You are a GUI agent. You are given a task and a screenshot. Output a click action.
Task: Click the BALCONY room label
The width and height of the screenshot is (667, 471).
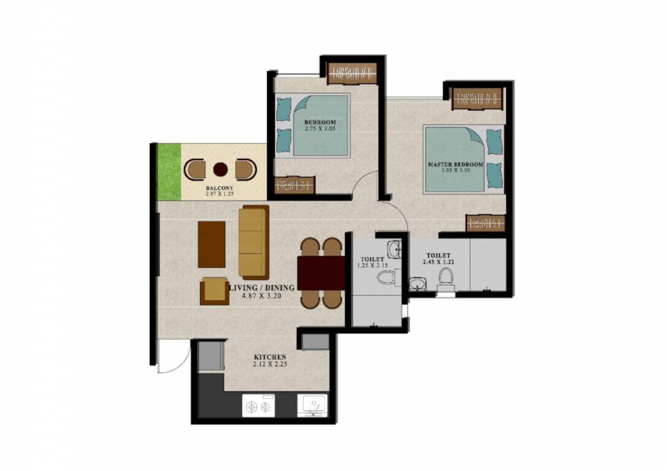pyautogui.click(x=218, y=188)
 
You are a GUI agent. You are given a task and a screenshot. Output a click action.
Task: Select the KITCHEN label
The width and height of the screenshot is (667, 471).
pyautogui.click(x=270, y=357)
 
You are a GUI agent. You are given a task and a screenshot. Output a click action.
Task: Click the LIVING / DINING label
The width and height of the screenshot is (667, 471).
pyautogui.click(x=262, y=287)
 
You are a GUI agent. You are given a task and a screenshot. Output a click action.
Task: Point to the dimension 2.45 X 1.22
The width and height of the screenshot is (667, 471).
pyautogui.click(x=436, y=262)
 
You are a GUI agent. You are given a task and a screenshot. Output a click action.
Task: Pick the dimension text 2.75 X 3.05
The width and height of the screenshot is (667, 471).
pyautogui.click(x=320, y=129)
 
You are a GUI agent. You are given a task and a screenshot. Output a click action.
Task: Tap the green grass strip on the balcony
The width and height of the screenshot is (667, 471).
pyautogui.click(x=169, y=171)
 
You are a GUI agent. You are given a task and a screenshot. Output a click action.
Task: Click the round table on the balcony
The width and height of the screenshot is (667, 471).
pyautogui.click(x=220, y=169)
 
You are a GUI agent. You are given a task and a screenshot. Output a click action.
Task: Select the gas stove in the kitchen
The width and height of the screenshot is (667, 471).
pyautogui.click(x=257, y=405)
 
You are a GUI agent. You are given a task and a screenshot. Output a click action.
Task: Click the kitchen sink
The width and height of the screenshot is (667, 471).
pyautogui.click(x=312, y=405)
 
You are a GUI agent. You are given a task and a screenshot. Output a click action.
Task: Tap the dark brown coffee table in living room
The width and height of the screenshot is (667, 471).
pyautogui.click(x=211, y=244)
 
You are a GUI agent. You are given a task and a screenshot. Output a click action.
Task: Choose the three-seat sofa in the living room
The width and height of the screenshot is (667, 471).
pyautogui.click(x=253, y=242)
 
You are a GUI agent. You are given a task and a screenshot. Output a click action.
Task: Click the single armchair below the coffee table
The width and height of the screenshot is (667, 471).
pyautogui.click(x=214, y=291)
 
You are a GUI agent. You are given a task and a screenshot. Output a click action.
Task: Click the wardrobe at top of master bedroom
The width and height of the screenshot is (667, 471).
pyautogui.click(x=477, y=98)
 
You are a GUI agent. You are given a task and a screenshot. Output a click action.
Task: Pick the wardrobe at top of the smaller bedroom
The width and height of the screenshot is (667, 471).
pyautogui.click(x=351, y=74)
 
